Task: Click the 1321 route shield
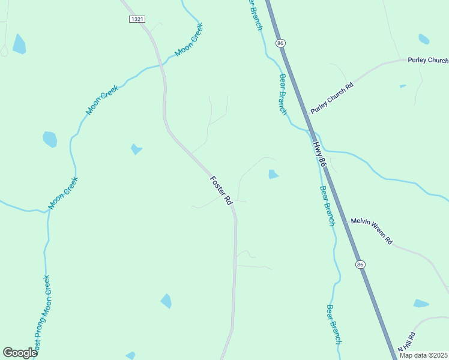(x=137, y=19)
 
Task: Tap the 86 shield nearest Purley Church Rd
(x=280, y=43)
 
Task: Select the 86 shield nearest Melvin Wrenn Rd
(x=360, y=265)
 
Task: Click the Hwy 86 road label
(x=318, y=154)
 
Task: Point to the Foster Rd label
(x=221, y=191)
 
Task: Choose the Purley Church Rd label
(x=332, y=96)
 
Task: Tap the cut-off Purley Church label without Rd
(x=427, y=61)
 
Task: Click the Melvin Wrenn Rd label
(x=372, y=231)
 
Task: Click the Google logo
(x=20, y=353)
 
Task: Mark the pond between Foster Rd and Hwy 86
(x=273, y=175)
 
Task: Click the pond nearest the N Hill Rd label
(x=421, y=304)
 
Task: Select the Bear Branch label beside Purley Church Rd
(x=282, y=94)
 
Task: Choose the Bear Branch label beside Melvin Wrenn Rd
(x=327, y=205)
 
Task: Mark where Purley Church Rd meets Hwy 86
(x=306, y=113)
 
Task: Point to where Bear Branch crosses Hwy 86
(x=313, y=131)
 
